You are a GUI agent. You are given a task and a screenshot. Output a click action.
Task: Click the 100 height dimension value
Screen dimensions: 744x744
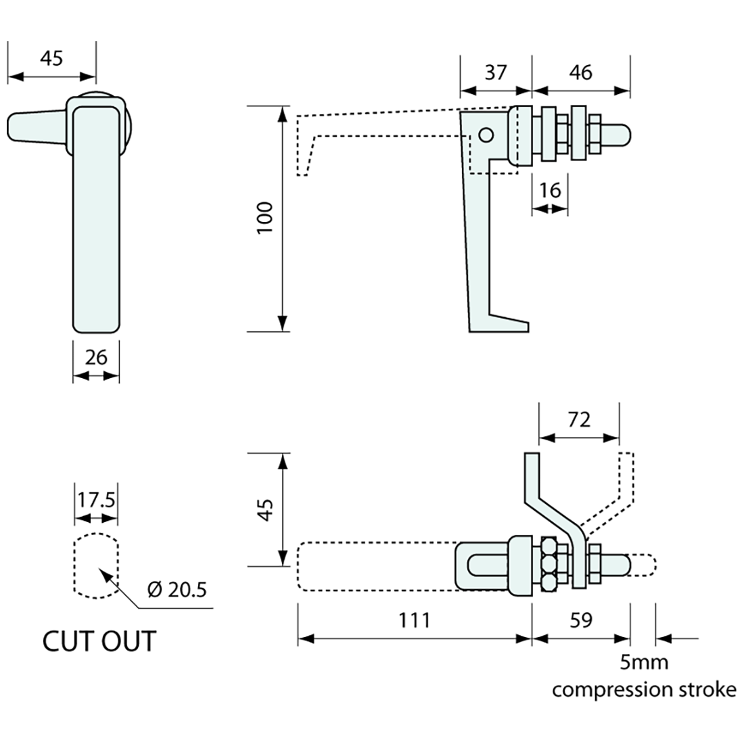pyautogui.click(x=265, y=217)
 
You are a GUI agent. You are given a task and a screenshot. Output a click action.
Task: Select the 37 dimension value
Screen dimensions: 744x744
pyautogui.click(x=496, y=72)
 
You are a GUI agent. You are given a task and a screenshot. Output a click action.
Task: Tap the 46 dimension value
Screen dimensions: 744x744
pyautogui.click(x=581, y=72)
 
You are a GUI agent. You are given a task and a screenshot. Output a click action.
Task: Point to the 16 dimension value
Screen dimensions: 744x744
pyautogui.click(x=550, y=190)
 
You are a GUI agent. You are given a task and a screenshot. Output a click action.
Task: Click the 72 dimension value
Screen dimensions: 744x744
pyautogui.click(x=579, y=420)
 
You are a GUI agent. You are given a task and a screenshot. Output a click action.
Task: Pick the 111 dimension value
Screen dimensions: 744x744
pyautogui.click(x=414, y=620)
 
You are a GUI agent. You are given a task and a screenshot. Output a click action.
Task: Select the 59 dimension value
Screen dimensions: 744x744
pyautogui.click(x=581, y=620)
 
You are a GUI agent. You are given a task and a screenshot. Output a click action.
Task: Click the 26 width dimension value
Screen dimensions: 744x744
pyautogui.click(x=96, y=357)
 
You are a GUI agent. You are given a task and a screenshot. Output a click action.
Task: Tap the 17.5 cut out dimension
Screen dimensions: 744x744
pyautogui.click(x=96, y=500)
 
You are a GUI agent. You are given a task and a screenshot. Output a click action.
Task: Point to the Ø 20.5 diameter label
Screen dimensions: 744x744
pyautogui.click(x=177, y=590)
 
